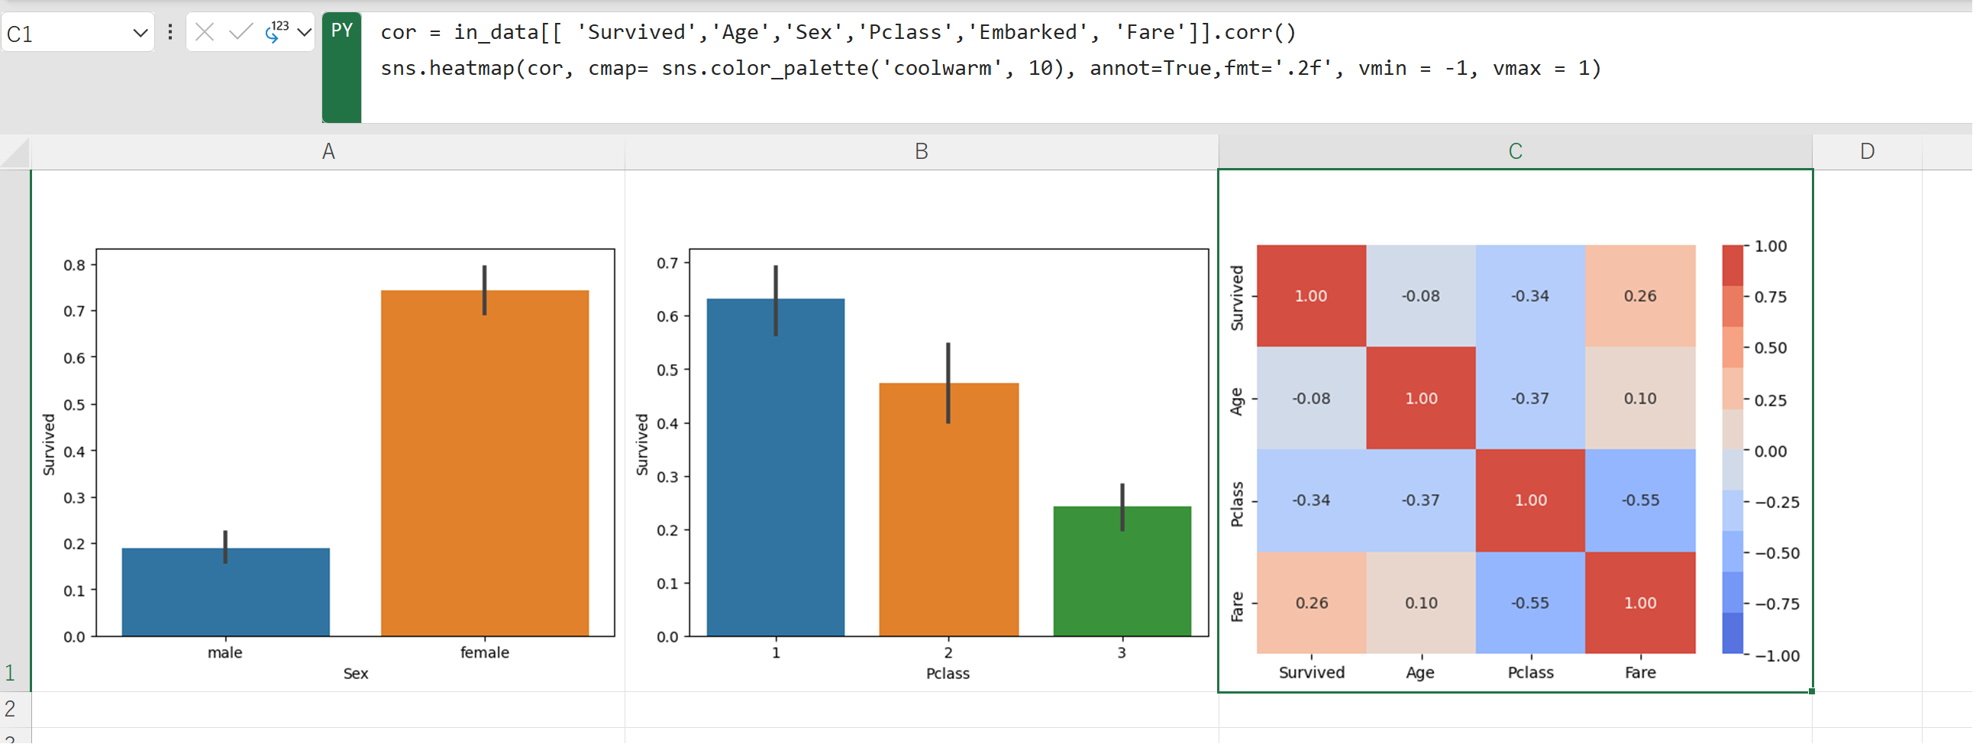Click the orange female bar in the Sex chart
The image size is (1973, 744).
coord(484,463)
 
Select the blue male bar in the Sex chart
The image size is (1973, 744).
coord(225,591)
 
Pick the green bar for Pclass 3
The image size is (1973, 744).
coord(1122,571)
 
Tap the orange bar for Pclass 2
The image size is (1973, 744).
coord(948,509)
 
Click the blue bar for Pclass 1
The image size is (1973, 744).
coord(775,467)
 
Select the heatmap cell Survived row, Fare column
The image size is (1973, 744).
coord(1640,296)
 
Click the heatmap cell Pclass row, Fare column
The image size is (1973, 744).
coord(1640,500)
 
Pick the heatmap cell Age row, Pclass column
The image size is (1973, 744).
coord(1529,399)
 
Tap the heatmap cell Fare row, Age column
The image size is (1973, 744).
coord(1421,603)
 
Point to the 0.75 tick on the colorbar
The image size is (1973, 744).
coord(1770,297)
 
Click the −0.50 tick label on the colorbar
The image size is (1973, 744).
coord(1777,553)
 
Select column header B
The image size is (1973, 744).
coord(921,152)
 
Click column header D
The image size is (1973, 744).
coord(1867,152)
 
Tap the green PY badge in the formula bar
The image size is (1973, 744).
coord(341,31)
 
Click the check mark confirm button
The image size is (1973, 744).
coord(241,32)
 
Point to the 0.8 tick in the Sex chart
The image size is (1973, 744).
coord(74,265)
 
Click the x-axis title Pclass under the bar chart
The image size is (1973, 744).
coord(948,674)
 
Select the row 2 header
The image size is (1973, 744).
coord(11,709)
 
